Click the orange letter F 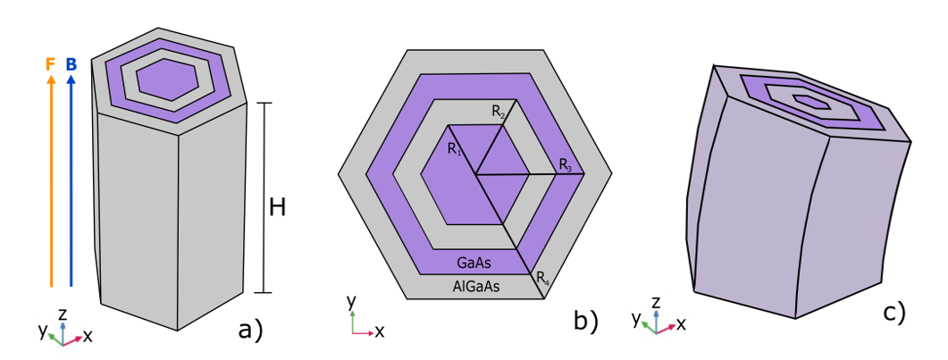pyautogui.click(x=51, y=64)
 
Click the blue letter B pyautogui.click(x=71, y=64)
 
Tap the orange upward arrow pyautogui.click(x=51, y=179)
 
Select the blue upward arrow pyautogui.click(x=71, y=179)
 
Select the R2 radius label pyautogui.click(x=499, y=112)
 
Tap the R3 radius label pyautogui.click(x=566, y=164)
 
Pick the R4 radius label pyautogui.click(x=542, y=280)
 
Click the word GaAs pyautogui.click(x=474, y=264)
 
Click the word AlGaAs pyautogui.click(x=474, y=287)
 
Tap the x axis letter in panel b pyautogui.click(x=380, y=331)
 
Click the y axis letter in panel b pyautogui.click(x=352, y=300)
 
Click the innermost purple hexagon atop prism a pyautogui.click(x=167, y=79)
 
